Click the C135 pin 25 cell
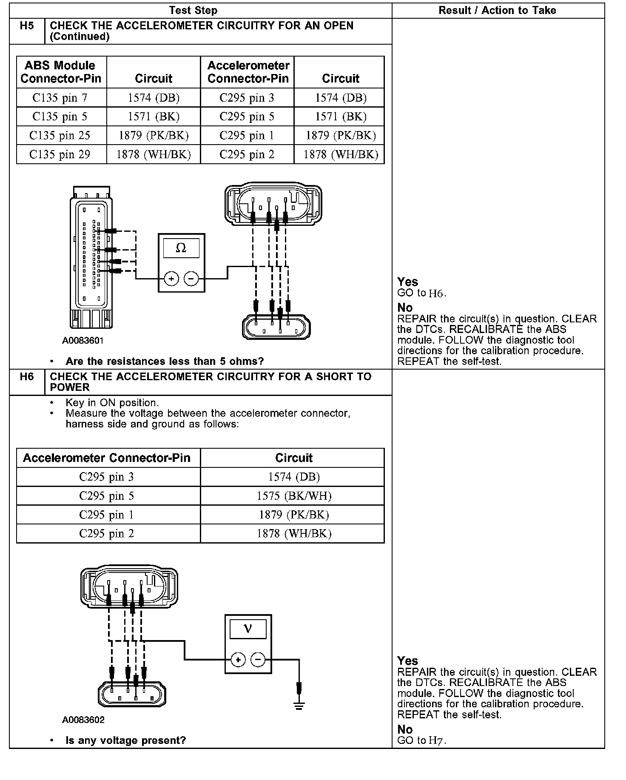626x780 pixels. tap(60, 136)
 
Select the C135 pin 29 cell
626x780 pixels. tap(60, 154)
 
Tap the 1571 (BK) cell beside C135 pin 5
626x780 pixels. tap(154, 117)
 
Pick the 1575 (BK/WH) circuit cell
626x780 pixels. tap(294, 496)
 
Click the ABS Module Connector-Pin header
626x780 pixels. tap(60, 72)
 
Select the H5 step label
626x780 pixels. tap(27, 26)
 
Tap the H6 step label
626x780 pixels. tap(27, 377)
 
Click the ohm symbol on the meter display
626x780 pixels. tap(181, 248)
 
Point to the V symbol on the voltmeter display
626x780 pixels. tap(248, 629)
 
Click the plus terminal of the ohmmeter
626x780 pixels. tap(171, 279)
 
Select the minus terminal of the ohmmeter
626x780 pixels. tap(191, 279)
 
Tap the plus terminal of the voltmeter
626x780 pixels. tap(238, 660)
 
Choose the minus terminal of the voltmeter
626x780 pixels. tap(258, 660)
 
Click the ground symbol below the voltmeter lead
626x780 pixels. tap(299, 706)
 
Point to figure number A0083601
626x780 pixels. tap(83, 341)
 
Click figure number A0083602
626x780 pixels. tap(83, 720)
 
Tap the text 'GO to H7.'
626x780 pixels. tap(421, 740)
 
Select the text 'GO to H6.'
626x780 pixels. tap(421, 293)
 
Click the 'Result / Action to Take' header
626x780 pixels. tap(497, 11)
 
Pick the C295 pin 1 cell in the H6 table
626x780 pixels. tap(107, 515)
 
